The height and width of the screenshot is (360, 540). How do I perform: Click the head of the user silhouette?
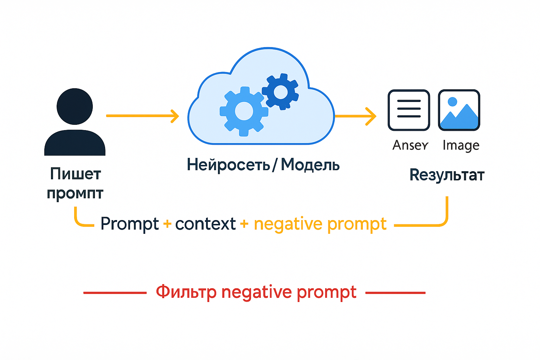tap(75, 106)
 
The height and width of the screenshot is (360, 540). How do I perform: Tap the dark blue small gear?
tap(281, 92)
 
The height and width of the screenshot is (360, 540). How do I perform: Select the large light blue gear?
tap(244, 111)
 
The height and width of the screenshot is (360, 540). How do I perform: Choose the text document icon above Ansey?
tap(409, 110)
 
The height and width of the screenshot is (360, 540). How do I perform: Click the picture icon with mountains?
tap(459, 110)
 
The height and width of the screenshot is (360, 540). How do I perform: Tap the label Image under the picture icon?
tap(461, 145)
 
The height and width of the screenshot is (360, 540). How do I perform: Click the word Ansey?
tap(410, 145)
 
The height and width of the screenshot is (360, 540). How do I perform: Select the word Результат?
tap(447, 175)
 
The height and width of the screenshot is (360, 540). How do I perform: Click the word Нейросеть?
tap(229, 165)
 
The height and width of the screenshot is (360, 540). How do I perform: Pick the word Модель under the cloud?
tap(310, 165)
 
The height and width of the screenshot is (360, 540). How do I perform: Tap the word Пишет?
tap(76, 174)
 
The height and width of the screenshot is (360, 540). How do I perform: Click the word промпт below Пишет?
tap(75, 193)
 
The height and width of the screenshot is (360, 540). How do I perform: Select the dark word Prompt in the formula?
tap(129, 224)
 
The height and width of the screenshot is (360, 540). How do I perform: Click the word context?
tap(205, 224)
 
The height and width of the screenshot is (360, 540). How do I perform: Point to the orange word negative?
tap(288, 224)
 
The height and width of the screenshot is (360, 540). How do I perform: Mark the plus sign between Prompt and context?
tap(167, 224)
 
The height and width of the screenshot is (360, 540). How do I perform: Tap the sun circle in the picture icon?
tap(452, 102)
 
